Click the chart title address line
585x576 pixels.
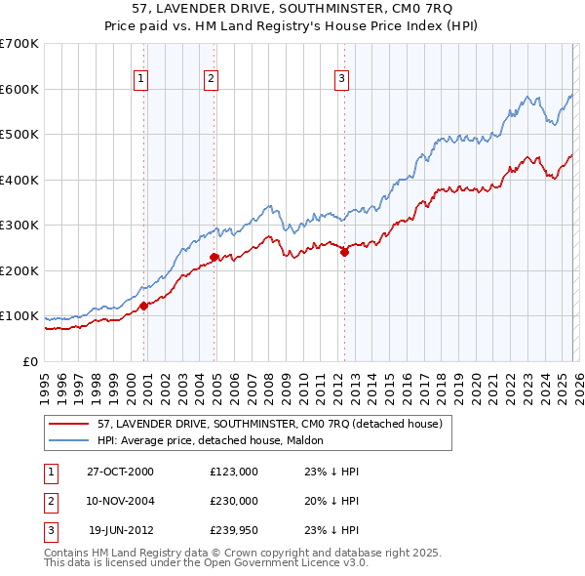pyautogui.click(x=292, y=9)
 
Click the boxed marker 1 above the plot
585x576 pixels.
pyautogui.click(x=141, y=79)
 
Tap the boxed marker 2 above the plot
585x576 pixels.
pyautogui.click(x=211, y=79)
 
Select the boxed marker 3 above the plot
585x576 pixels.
pyautogui.click(x=342, y=79)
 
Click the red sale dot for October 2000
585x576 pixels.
pyautogui.click(x=143, y=306)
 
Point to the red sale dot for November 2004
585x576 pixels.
pyautogui.click(x=214, y=258)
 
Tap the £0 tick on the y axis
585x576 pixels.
pyautogui.click(x=29, y=362)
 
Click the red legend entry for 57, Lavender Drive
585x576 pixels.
pyautogui.click(x=270, y=424)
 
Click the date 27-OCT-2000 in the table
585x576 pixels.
pyautogui.click(x=120, y=472)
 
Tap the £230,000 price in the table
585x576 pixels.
pyautogui.click(x=233, y=500)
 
